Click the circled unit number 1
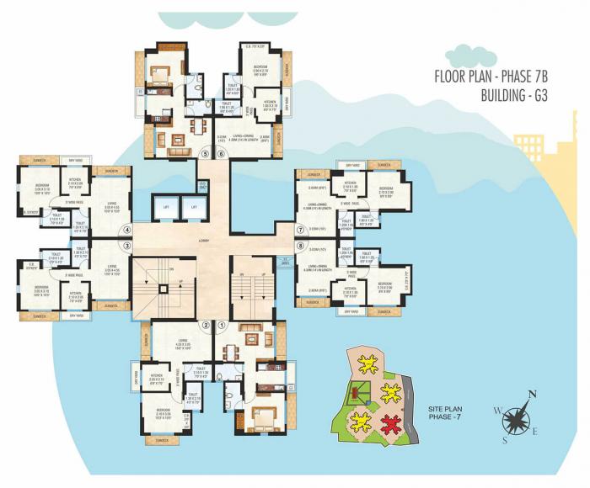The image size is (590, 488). click(223, 325)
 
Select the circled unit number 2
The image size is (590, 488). click(206, 325)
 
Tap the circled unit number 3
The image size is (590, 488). click(128, 246)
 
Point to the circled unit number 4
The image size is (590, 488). click(128, 229)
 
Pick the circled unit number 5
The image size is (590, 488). click(205, 153)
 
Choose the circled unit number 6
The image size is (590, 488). click(222, 153)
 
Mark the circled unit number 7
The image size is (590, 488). click(299, 229)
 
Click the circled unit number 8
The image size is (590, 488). click(299, 246)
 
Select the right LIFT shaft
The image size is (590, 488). click(195, 207)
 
